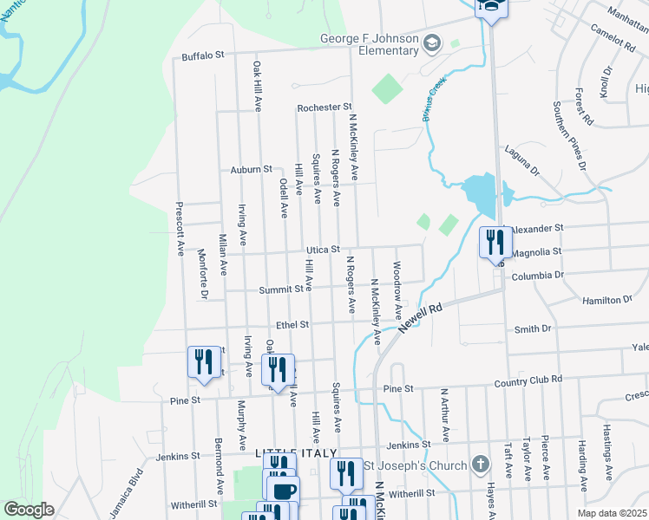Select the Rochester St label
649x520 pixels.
point(323,107)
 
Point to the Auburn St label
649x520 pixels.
point(252,169)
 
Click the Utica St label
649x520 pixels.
point(322,250)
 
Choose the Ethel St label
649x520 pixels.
point(292,325)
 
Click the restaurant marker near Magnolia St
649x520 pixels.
point(493,242)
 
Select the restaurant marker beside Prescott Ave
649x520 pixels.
point(203,361)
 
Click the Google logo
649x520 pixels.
point(29,510)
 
